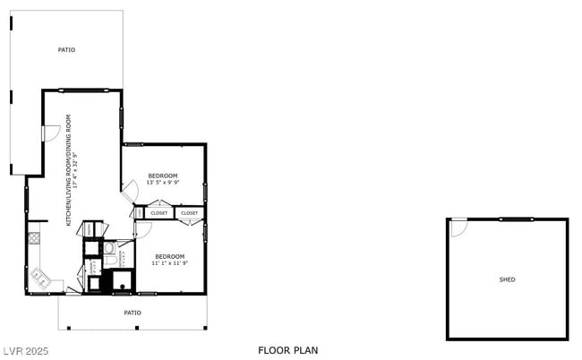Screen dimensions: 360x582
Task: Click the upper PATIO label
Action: tap(66, 50)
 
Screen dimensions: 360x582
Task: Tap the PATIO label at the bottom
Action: tap(132, 313)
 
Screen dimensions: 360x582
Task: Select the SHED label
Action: tap(507, 279)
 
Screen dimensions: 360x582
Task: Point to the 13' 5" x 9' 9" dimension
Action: tap(163, 182)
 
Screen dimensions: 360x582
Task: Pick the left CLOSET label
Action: tap(159, 213)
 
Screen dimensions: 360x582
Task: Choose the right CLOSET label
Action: tap(189, 213)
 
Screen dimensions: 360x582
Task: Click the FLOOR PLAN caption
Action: tap(287, 350)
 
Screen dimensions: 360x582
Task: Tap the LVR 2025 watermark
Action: tap(24, 350)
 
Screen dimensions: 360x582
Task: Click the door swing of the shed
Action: tap(458, 227)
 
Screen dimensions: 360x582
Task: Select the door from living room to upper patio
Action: tap(51, 133)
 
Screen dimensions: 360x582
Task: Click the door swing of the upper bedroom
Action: tap(130, 191)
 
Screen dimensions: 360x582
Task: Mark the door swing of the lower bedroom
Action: tap(142, 230)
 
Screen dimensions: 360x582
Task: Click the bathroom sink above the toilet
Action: tap(108, 247)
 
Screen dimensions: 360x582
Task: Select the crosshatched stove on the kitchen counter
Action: tap(35, 238)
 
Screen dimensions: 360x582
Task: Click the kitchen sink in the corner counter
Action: tap(39, 280)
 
